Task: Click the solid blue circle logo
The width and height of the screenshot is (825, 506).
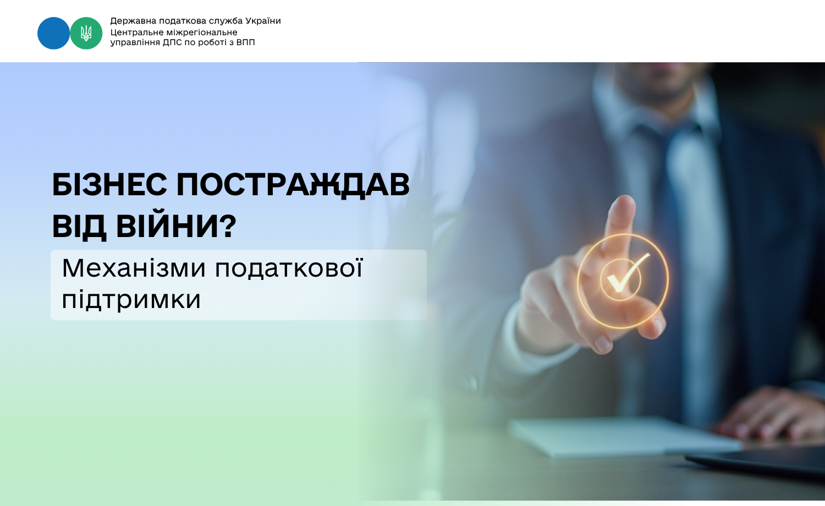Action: tap(53, 33)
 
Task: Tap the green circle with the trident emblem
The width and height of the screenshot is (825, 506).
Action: tap(86, 33)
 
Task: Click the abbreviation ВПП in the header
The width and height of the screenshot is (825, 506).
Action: tap(245, 42)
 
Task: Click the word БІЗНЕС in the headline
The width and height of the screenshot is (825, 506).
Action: tap(109, 185)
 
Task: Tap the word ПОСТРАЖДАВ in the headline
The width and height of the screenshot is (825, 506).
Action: tap(293, 185)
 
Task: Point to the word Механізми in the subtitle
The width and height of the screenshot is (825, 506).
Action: tap(134, 268)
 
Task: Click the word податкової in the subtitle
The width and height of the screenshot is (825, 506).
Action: tap(289, 268)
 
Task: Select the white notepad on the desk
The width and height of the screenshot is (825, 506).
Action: tap(623, 436)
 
